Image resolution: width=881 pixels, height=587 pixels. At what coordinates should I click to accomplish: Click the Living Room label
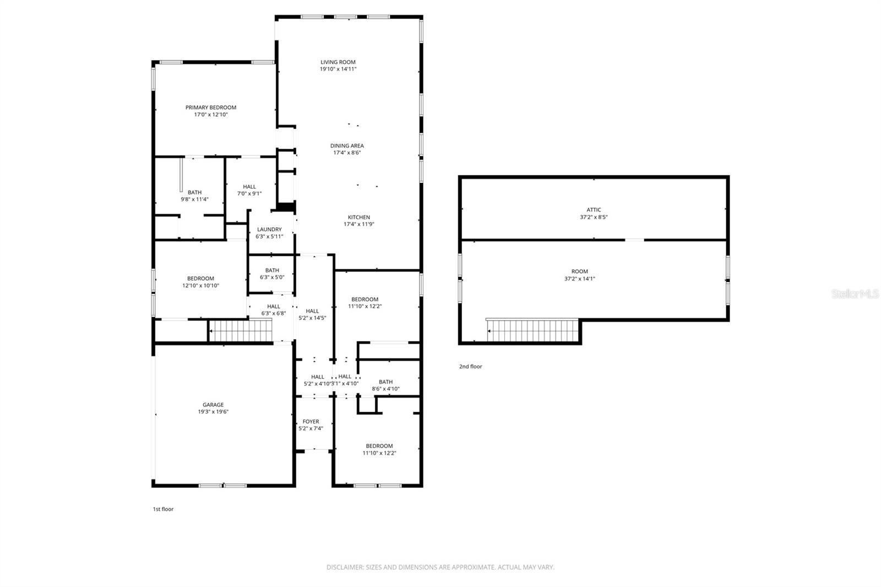click(x=338, y=62)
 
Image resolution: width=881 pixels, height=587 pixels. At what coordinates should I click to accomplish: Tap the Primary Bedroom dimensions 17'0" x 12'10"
click(x=211, y=115)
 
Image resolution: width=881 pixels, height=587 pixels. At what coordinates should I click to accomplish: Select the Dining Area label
click(x=347, y=146)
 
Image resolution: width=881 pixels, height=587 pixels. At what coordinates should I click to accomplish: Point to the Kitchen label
click(x=358, y=217)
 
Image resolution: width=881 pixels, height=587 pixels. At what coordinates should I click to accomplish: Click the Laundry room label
click(x=269, y=230)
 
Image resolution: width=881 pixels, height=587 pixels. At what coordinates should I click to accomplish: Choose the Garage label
click(x=213, y=405)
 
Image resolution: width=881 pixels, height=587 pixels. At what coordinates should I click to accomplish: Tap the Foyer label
click(x=311, y=422)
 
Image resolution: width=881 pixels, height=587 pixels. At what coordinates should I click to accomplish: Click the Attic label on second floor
click(x=594, y=210)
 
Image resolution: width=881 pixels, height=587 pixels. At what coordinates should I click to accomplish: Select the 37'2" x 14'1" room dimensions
click(x=579, y=279)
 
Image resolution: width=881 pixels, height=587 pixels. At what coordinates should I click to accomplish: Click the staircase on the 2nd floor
click(x=533, y=330)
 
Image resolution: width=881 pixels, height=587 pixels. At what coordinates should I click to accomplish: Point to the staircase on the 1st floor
click(x=241, y=331)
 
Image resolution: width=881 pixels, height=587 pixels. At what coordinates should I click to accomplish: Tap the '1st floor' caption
click(x=163, y=509)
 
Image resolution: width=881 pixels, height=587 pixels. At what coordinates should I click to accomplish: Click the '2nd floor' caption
click(x=471, y=366)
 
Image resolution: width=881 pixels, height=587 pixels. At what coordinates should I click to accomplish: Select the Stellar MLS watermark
click(x=855, y=294)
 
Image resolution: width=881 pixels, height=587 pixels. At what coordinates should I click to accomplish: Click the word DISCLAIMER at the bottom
click(x=345, y=567)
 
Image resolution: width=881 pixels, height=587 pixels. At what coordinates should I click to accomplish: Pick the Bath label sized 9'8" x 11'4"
click(x=194, y=193)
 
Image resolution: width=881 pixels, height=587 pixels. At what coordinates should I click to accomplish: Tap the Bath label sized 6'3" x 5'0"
click(x=272, y=270)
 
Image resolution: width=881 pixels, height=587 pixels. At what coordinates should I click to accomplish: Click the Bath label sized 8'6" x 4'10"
click(x=385, y=382)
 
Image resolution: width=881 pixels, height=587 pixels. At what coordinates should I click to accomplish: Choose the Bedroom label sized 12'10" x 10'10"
click(x=200, y=279)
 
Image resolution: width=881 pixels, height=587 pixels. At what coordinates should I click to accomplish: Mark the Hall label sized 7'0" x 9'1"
click(x=249, y=187)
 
